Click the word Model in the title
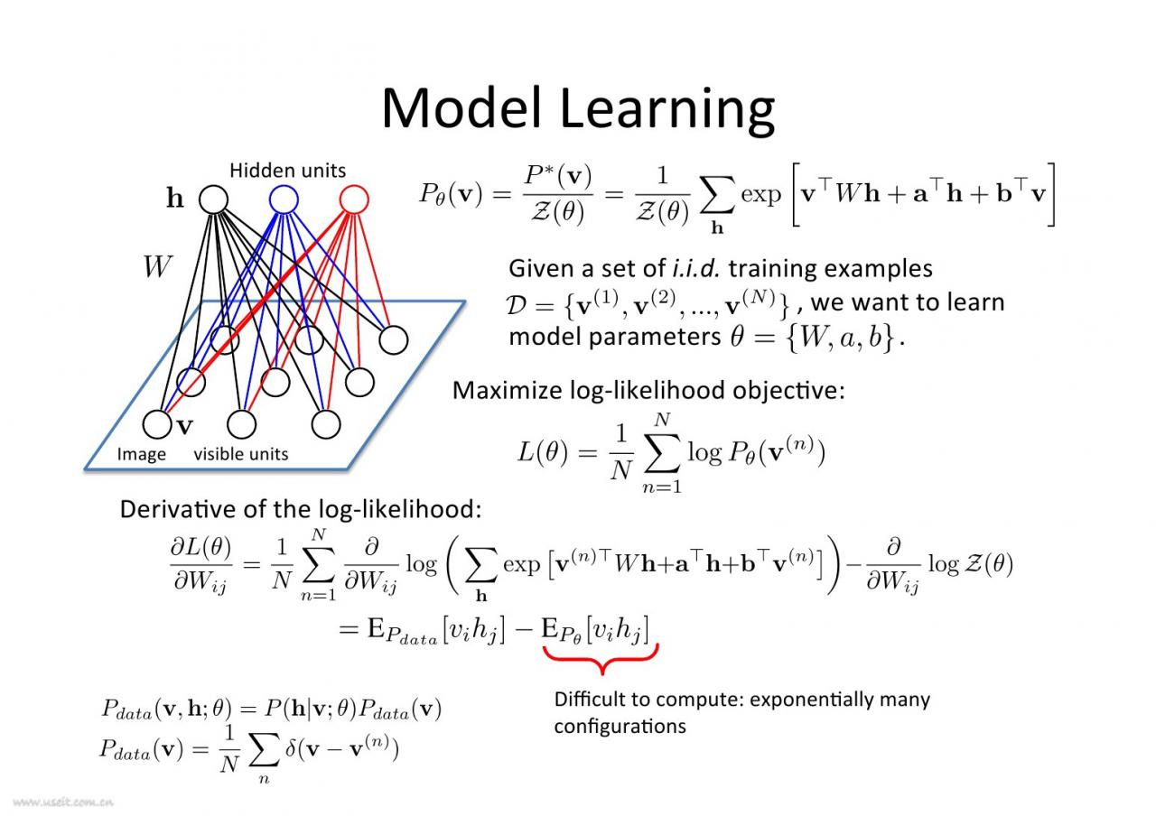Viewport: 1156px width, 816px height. [x=461, y=108]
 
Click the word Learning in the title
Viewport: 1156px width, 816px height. [x=667, y=112]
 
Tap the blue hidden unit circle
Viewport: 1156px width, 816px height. [x=284, y=199]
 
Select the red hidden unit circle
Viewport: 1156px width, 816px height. [x=354, y=199]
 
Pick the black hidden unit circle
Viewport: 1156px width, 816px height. [x=214, y=199]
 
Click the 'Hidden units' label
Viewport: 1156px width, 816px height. [x=287, y=171]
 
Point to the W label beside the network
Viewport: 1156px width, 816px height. [x=157, y=266]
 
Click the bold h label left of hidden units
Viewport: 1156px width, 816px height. [x=175, y=198]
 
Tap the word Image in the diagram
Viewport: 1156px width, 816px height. [x=142, y=454]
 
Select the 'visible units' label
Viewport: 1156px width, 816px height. [x=241, y=454]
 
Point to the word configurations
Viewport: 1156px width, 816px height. [x=620, y=728]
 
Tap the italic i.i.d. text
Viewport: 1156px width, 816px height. [x=696, y=268]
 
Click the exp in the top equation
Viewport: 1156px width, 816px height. [x=761, y=195]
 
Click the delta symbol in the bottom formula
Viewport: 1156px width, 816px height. [x=291, y=748]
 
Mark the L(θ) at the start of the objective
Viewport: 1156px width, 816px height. [x=543, y=452]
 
